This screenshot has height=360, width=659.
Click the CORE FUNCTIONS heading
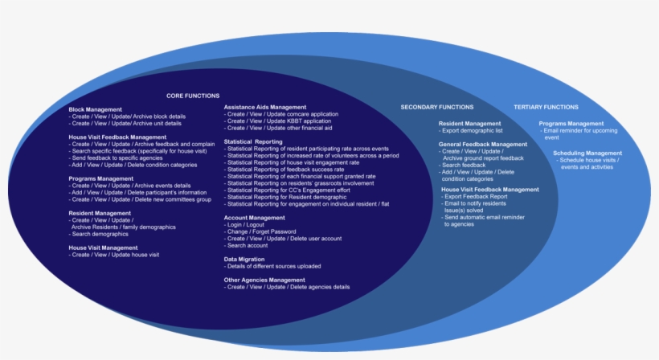tap(193, 96)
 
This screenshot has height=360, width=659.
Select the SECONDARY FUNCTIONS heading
tap(437, 107)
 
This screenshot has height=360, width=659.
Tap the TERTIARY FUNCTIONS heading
tap(546, 107)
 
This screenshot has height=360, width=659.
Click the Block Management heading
tap(96, 109)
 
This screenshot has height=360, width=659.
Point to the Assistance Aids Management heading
tap(265, 107)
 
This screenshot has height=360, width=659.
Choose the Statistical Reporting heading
tap(253, 141)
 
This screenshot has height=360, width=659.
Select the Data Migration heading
tap(244, 260)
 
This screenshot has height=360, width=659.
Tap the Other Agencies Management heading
tap(264, 280)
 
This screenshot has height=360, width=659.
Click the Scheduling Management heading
tap(587, 153)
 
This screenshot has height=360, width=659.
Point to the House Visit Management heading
tap(103, 247)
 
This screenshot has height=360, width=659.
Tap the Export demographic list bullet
tap(473, 130)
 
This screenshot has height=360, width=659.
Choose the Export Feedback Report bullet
tap(478, 197)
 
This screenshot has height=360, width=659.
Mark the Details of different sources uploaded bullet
tap(273, 266)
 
